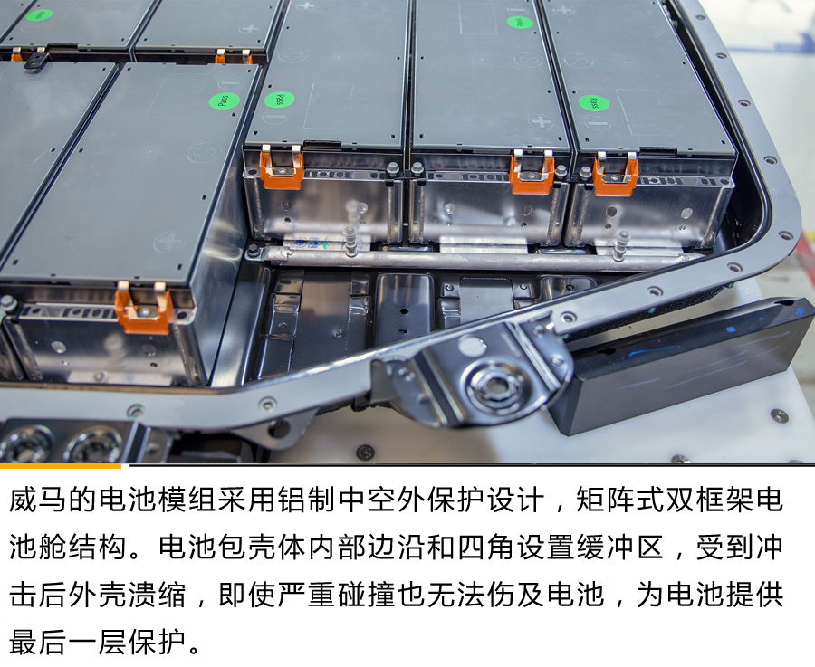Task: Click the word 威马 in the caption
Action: pyautogui.click(x=39, y=500)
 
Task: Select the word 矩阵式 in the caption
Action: pyautogui.click(x=620, y=500)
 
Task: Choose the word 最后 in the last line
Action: pyautogui.click(x=39, y=642)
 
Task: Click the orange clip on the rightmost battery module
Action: pyautogui.click(x=616, y=174)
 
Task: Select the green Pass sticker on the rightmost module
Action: pyautogui.click(x=593, y=102)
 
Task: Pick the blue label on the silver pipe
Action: pyautogui.click(x=311, y=243)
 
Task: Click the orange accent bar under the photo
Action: pyautogui.click(x=61, y=466)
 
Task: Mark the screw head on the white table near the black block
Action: pyautogui.click(x=778, y=415)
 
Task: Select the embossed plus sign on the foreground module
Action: pyautogui.click(x=169, y=243)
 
